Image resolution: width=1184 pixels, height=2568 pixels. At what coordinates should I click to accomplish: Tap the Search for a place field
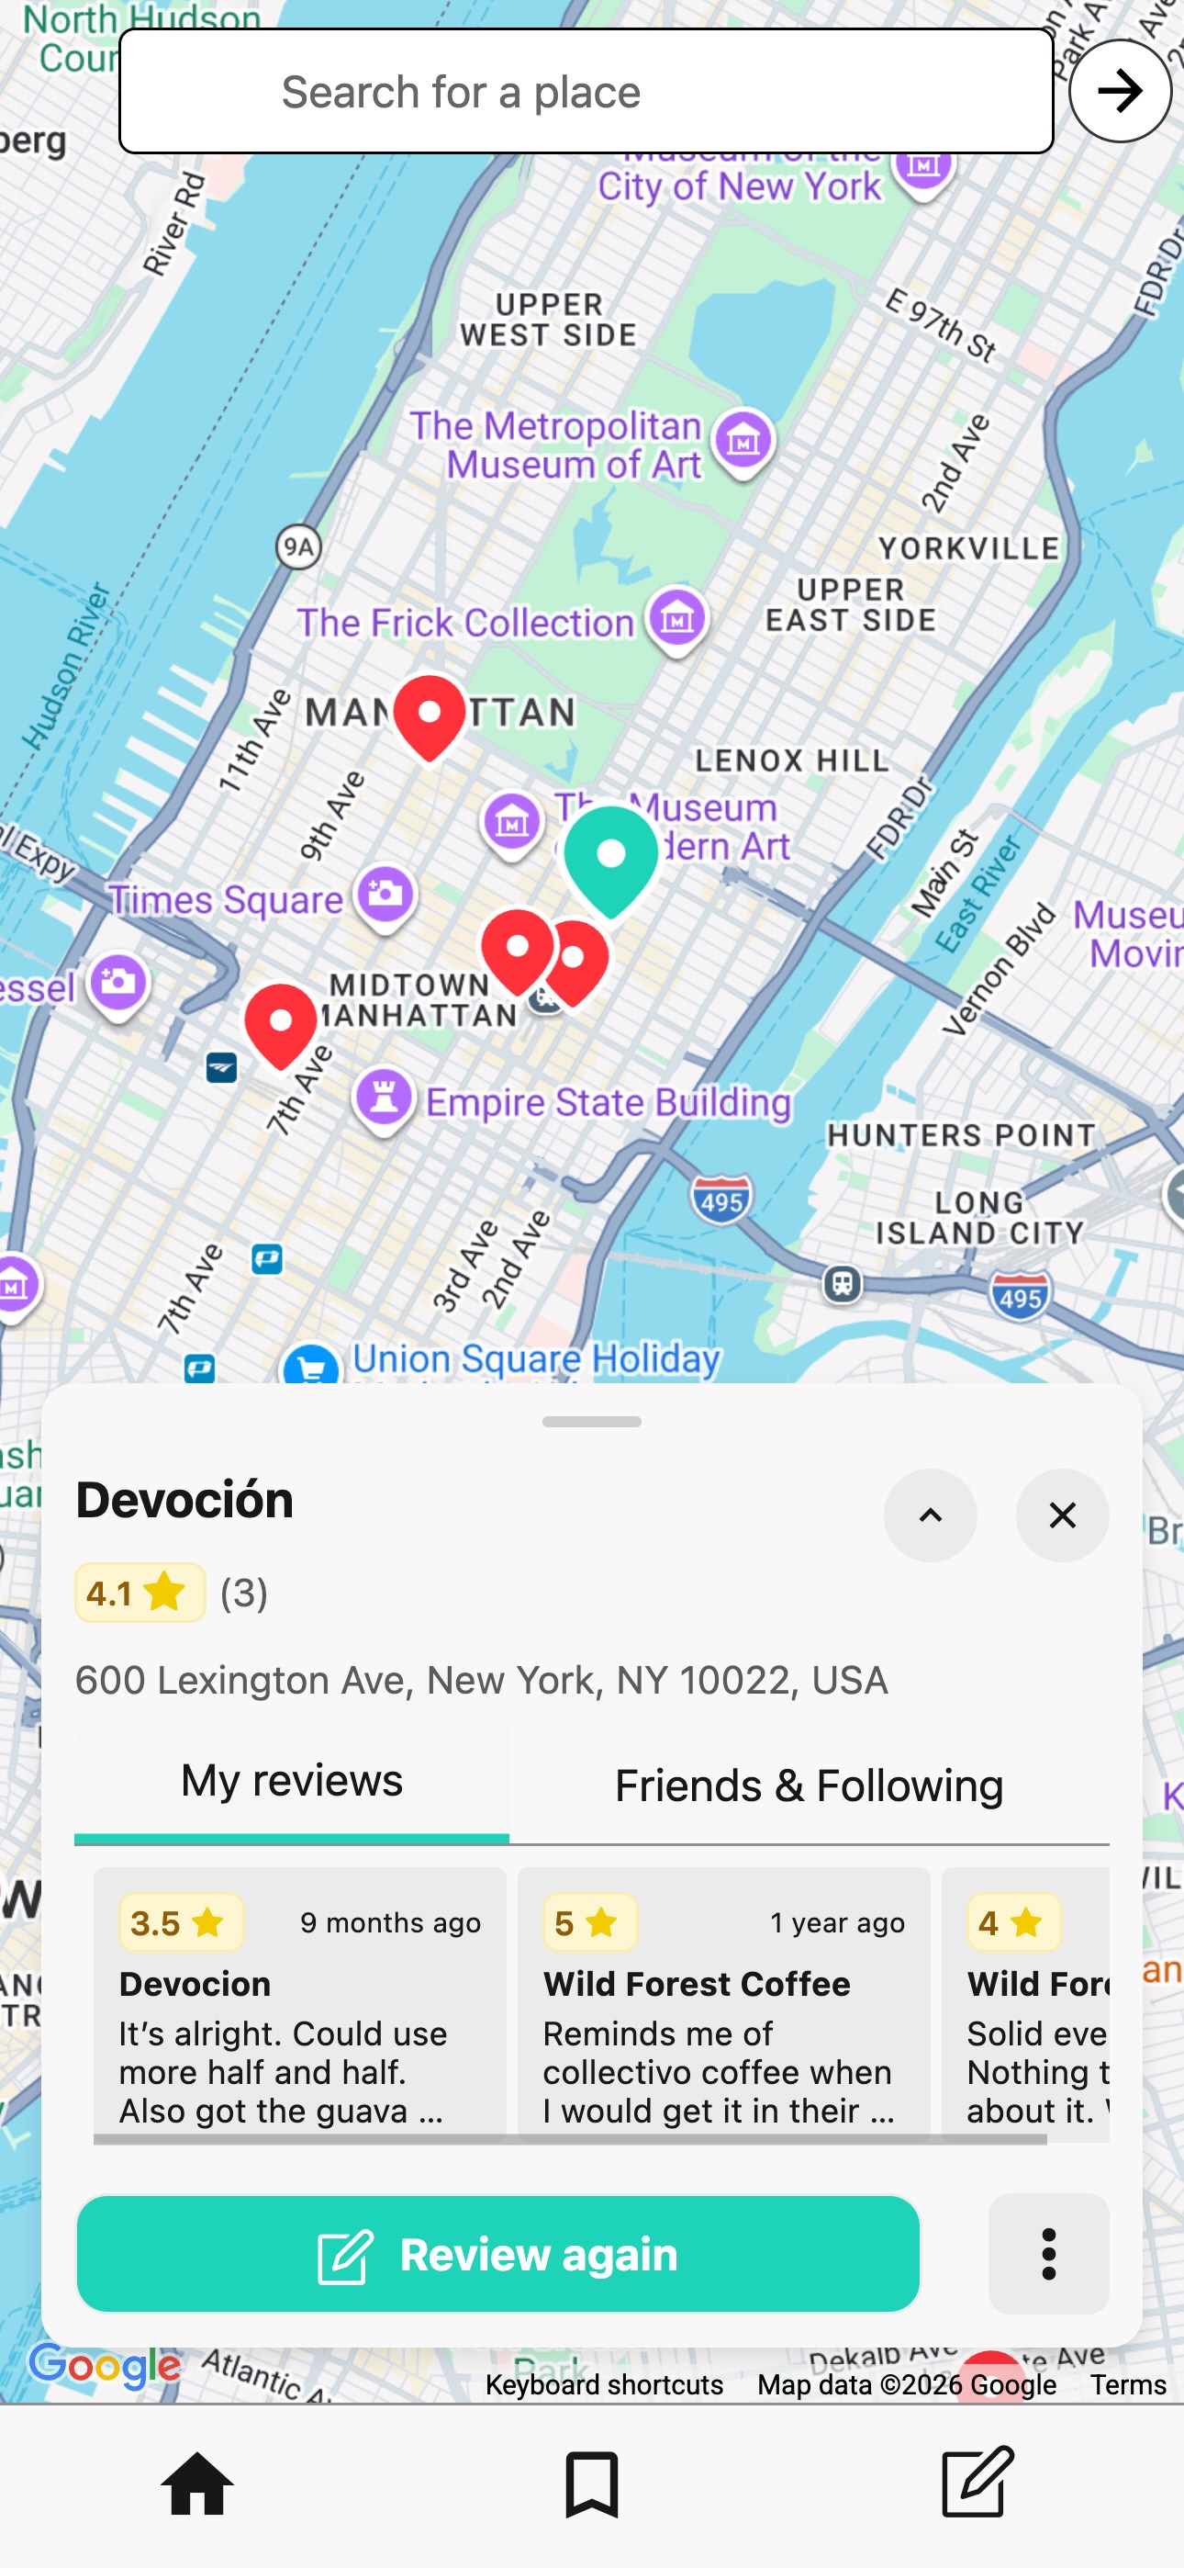click(x=585, y=92)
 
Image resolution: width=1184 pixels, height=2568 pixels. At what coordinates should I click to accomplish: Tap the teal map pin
click(x=611, y=857)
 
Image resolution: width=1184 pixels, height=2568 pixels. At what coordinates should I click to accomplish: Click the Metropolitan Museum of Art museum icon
click(x=743, y=441)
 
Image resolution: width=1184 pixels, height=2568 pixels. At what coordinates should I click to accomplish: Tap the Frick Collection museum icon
click(x=677, y=618)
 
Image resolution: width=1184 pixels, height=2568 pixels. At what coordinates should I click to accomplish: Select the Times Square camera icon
click(x=386, y=895)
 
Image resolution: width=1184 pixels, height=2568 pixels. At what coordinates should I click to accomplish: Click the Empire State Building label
click(x=608, y=1102)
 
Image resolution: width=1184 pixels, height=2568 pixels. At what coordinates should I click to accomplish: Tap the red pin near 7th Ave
click(x=281, y=1024)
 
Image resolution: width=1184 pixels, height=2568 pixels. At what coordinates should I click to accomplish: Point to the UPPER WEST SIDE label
click(x=549, y=319)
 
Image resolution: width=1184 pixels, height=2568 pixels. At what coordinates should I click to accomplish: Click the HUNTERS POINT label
click(x=961, y=1135)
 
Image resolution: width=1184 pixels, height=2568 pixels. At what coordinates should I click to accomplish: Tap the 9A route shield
click(x=298, y=546)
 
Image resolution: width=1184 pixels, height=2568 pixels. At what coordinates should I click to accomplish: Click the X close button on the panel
click(x=1063, y=1515)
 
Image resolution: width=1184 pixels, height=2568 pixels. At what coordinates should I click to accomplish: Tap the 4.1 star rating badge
click(x=140, y=1593)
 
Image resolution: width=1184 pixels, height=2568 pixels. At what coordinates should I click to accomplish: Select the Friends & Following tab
click(x=809, y=1785)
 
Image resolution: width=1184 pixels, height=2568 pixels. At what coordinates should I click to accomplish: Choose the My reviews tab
click(x=292, y=1782)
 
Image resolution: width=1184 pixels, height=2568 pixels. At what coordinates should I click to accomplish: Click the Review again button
click(x=498, y=2254)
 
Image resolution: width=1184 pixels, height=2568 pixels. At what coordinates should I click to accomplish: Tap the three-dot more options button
click(x=1048, y=2254)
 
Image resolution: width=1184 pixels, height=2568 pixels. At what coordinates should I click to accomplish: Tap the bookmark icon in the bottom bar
click(x=592, y=2484)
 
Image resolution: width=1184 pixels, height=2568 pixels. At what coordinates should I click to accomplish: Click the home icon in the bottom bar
click(x=197, y=2484)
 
